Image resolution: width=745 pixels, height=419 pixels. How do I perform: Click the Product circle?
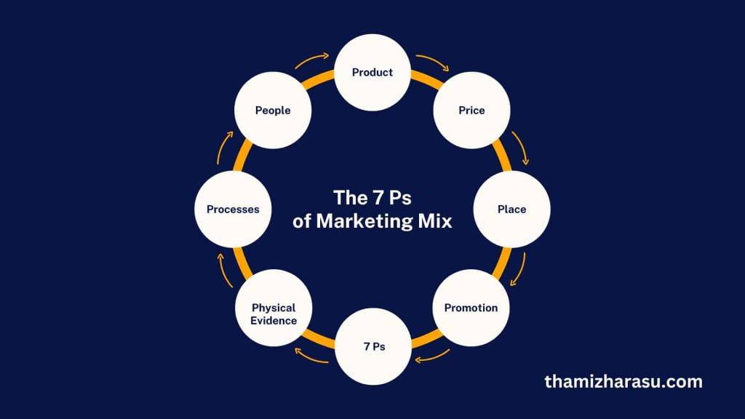click(x=372, y=72)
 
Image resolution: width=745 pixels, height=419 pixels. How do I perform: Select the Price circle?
click(x=471, y=111)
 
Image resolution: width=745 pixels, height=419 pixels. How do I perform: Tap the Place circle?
click(x=511, y=209)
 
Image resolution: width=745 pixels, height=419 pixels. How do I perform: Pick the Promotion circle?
click(x=471, y=308)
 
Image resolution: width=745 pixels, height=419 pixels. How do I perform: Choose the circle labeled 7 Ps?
click(x=373, y=347)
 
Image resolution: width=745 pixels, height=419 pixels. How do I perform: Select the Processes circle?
click(x=233, y=209)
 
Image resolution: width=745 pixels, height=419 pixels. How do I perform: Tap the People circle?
click(x=273, y=111)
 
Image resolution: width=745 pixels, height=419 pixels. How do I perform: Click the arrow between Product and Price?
click(x=433, y=63)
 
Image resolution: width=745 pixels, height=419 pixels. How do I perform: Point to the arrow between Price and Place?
click(x=520, y=148)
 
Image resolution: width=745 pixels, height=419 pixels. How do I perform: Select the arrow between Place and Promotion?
click(x=518, y=270)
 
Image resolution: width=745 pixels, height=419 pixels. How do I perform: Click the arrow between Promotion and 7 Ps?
click(x=431, y=357)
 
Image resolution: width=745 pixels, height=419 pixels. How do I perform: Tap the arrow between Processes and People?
click(x=224, y=148)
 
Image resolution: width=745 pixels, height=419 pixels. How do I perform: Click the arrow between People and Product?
click(x=313, y=61)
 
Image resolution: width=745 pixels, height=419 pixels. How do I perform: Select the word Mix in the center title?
click(x=435, y=222)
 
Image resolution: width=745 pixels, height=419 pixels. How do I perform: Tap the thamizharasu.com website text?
click(x=624, y=381)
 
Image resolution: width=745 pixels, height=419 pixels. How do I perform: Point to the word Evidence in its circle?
click(x=274, y=320)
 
